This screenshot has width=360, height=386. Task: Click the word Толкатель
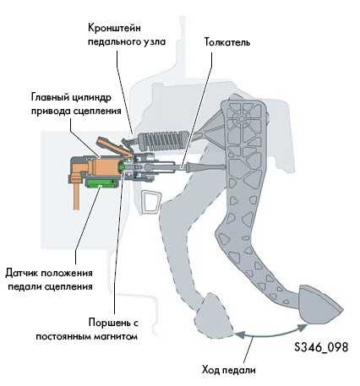[x=227, y=42]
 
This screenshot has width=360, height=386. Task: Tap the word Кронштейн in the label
[x=114, y=28]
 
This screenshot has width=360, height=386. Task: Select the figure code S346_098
[x=321, y=347]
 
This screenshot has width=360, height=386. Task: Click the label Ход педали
[x=229, y=369]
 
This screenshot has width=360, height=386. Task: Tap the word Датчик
[x=22, y=273]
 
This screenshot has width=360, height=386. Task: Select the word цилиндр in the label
[x=91, y=97]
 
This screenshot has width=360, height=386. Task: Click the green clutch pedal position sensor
[x=101, y=184]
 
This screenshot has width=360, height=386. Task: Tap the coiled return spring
[x=163, y=141]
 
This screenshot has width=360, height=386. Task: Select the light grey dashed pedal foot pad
[x=215, y=316]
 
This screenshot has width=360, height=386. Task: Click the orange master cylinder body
[x=103, y=166]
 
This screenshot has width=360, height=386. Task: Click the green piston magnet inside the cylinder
[x=122, y=167]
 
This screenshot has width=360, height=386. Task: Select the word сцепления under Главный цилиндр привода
[x=97, y=111]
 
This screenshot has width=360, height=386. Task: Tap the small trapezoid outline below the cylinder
[x=151, y=203]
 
